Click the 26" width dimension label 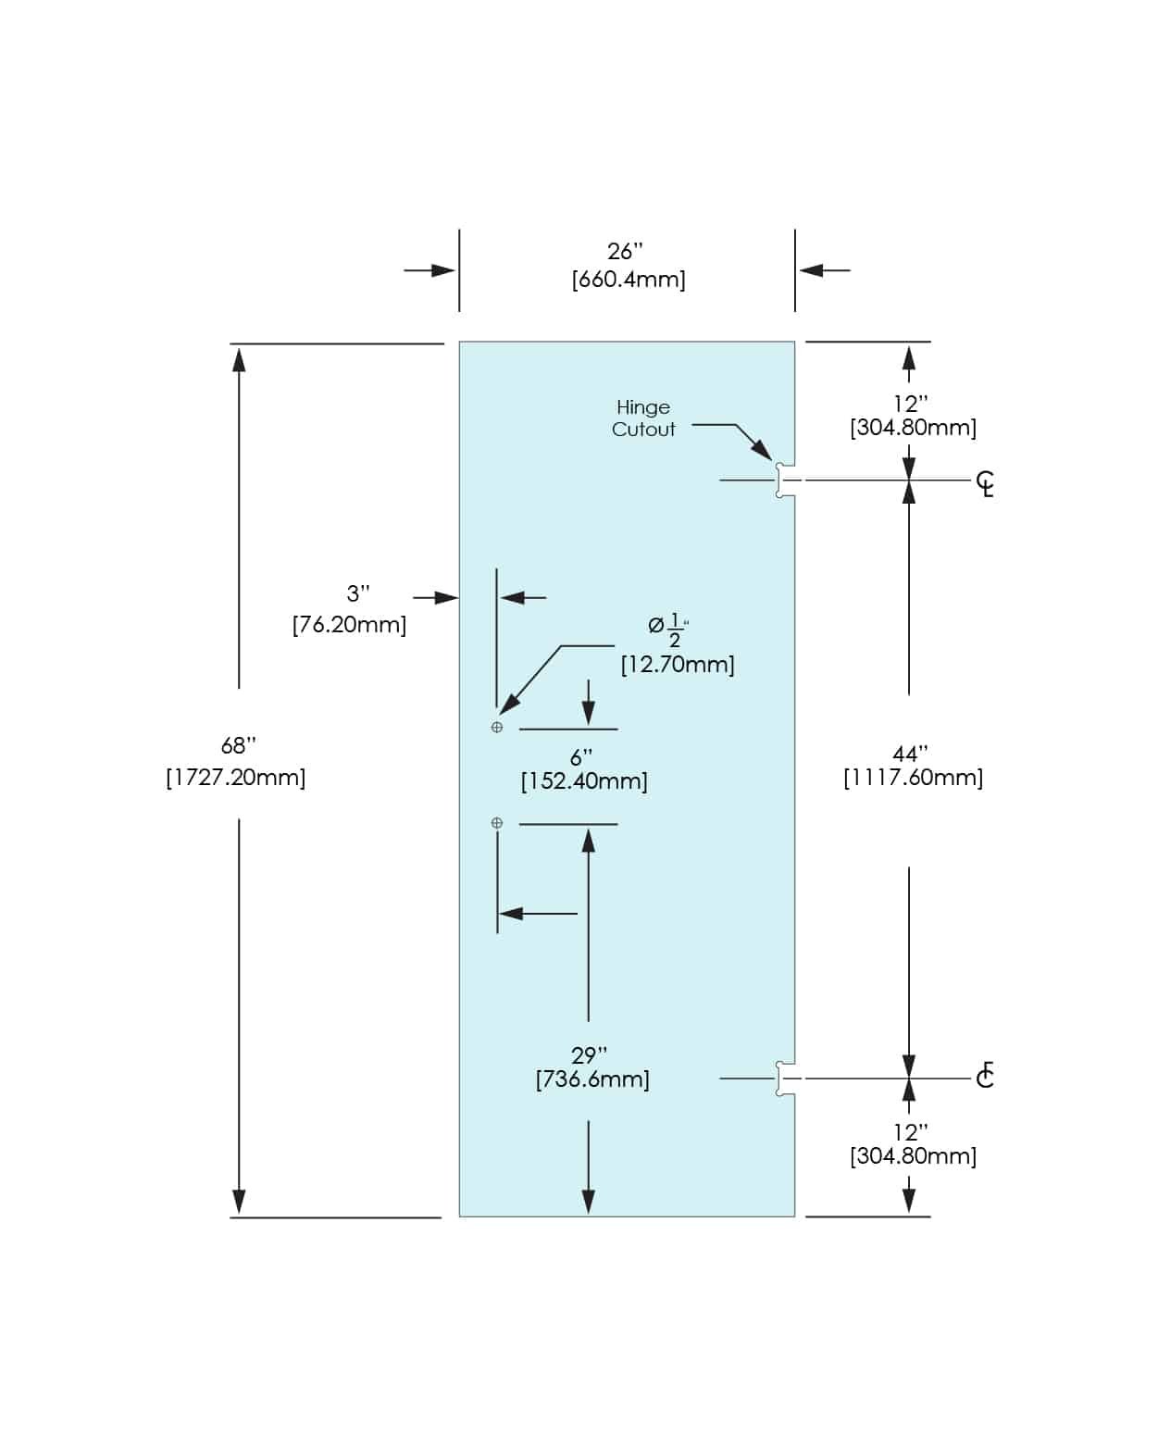pyautogui.click(x=625, y=251)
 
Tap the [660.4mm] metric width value pyautogui.click(x=629, y=279)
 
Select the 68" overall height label pyautogui.click(x=239, y=745)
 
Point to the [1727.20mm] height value pyautogui.click(x=236, y=777)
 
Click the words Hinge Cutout pyautogui.click(x=643, y=418)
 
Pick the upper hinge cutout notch pyautogui.click(x=784, y=480)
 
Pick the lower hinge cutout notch pyautogui.click(x=784, y=1079)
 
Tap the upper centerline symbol pyautogui.click(x=986, y=483)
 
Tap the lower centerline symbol pyautogui.click(x=985, y=1076)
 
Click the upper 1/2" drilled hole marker pyautogui.click(x=497, y=728)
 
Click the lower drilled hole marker pyautogui.click(x=497, y=823)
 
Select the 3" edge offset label pyautogui.click(x=358, y=593)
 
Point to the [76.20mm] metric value pyautogui.click(x=349, y=625)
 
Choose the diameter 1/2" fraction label pyautogui.click(x=668, y=630)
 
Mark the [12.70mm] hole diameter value pyautogui.click(x=678, y=664)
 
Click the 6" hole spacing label pyautogui.click(x=581, y=756)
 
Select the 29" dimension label pyautogui.click(x=590, y=1054)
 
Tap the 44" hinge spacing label pyautogui.click(x=911, y=755)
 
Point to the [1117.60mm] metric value pyautogui.click(x=913, y=778)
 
